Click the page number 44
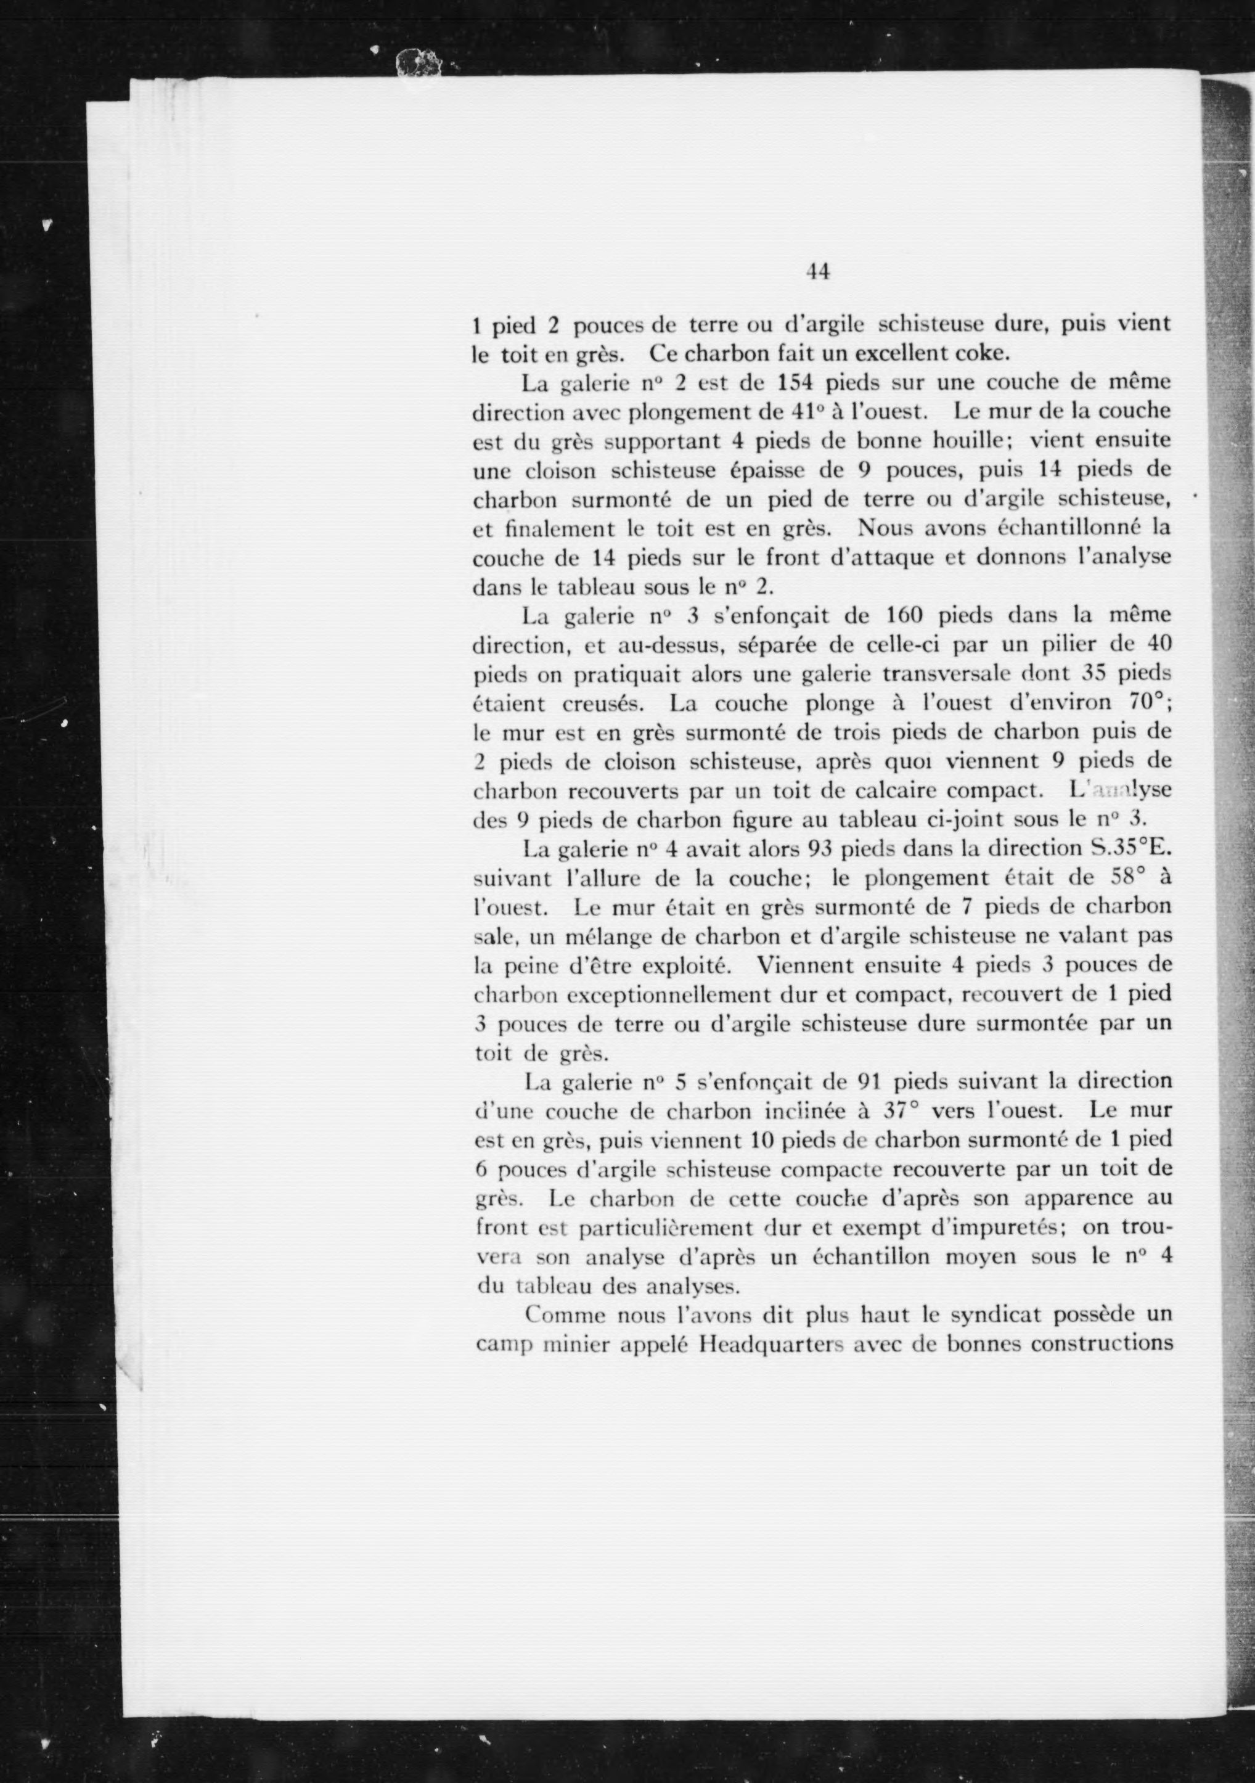819,271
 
